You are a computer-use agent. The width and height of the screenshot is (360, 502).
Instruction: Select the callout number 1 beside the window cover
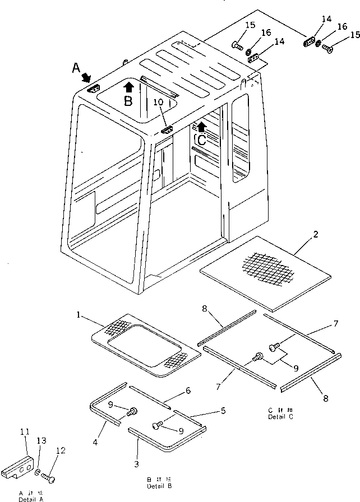pyautogui.click(x=79, y=315)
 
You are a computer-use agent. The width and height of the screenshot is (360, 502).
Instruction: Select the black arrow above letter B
pyautogui.click(x=128, y=86)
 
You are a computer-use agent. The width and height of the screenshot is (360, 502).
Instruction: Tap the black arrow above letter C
pyautogui.click(x=201, y=127)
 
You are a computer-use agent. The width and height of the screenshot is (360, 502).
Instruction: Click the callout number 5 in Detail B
pyautogui.click(x=223, y=411)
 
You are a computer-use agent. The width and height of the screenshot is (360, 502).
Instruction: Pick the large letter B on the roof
pyautogui.click(x=128, y=101)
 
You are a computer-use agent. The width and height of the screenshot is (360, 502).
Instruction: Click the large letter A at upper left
pyautogui.click(x=76, y=68)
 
